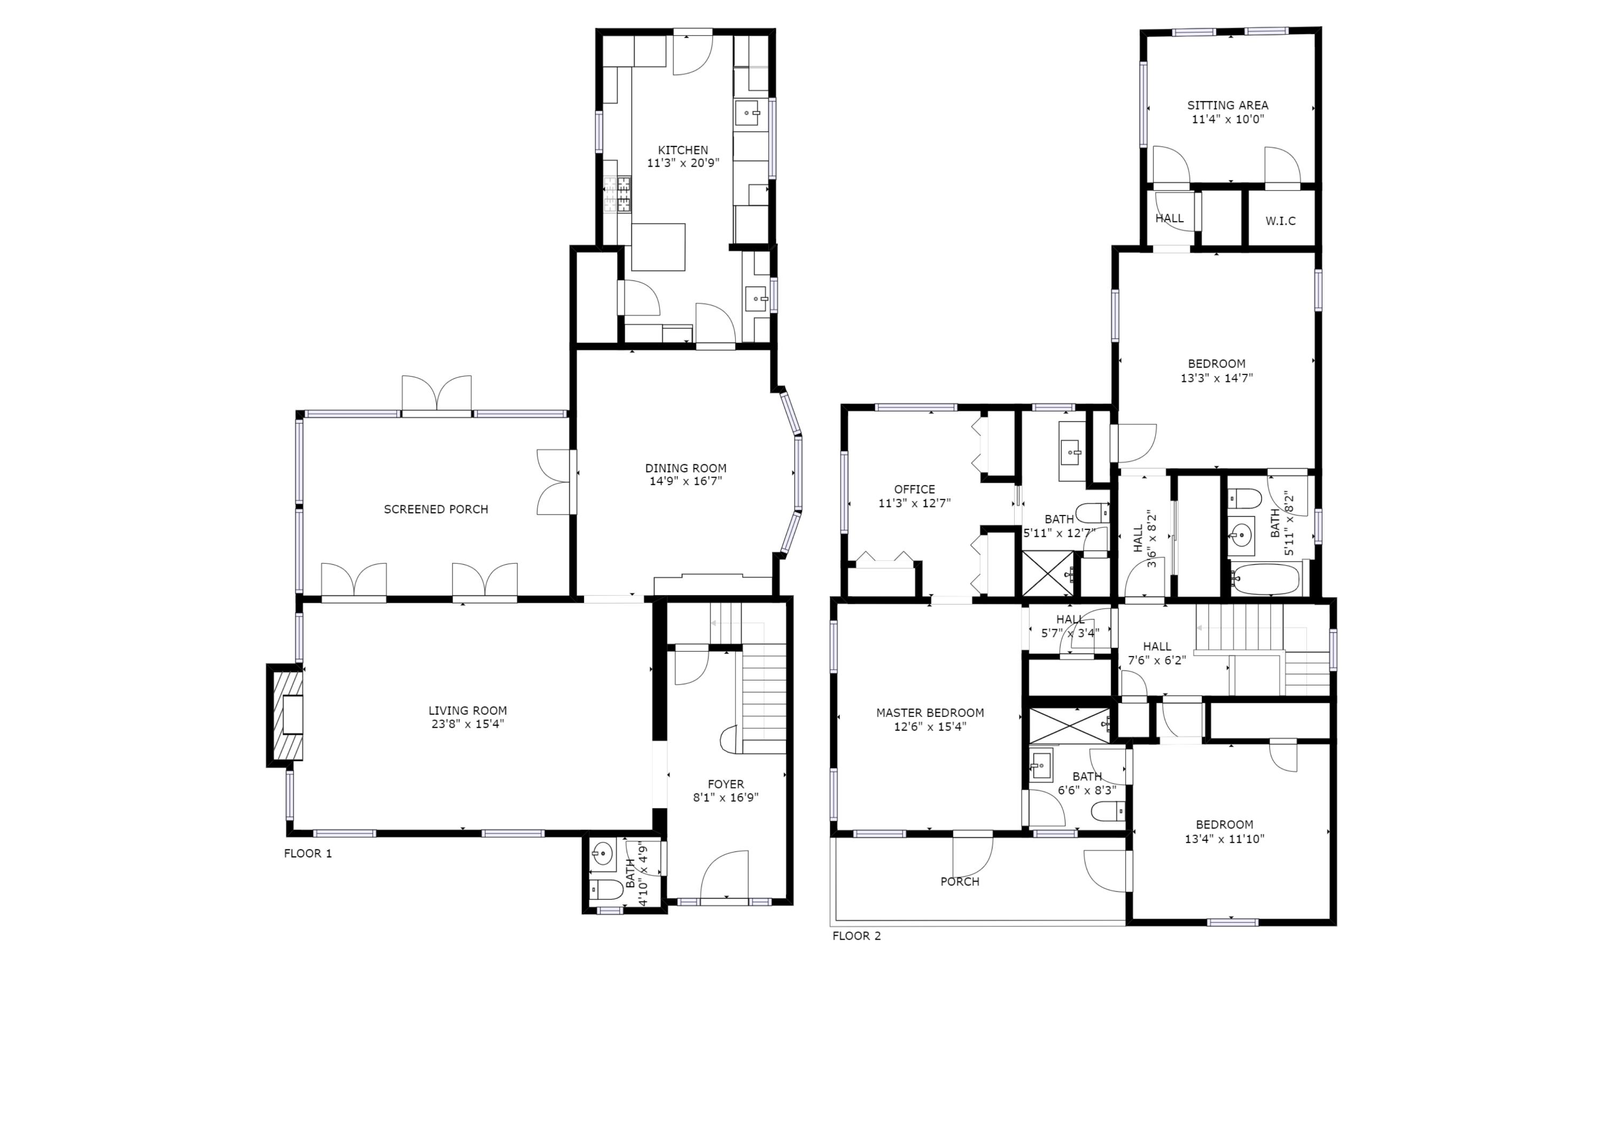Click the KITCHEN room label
click(x=683, y=150)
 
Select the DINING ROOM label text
click(x=685, y=468)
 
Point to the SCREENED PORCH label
click(x=435, y=510)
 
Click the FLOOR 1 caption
click(x=308, y=853)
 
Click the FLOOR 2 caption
click(x=856, y=936)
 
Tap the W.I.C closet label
click(x=1280, y=221)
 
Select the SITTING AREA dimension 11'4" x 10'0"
click(x=1227, y=119)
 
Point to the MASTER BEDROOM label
click(x=930, y=713)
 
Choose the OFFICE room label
click(x=914, y=489)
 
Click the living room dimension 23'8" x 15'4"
click(x=467, y=724)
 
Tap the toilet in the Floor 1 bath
click(x=605, y=889)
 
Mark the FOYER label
click(x=726, y=784)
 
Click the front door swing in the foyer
click(x=724, y=876)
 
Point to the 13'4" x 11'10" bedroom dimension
click(x=1224, y=839)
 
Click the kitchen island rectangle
click(x=658, y=247)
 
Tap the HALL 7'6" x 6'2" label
click(x=1157, y=646)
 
